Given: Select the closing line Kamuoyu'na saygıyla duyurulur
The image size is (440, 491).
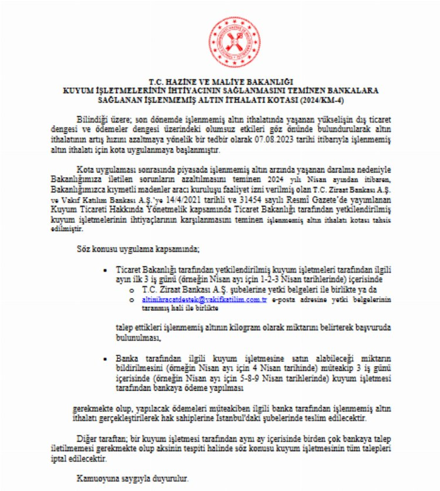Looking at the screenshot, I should pyautogui.click(x=133, y=479).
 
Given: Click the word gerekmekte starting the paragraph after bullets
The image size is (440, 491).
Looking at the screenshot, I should pyautogui.click(x=93, y=408).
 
